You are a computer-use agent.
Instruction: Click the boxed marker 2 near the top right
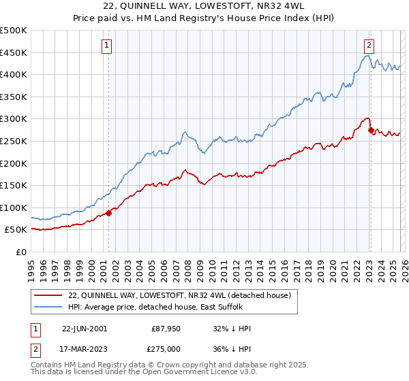point(369,46)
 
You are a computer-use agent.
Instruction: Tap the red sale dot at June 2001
point(109,213)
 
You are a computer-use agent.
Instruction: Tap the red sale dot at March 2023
point(370,130)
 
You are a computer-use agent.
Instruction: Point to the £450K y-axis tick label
point(14,52)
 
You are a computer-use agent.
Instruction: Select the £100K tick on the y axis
point(14,208)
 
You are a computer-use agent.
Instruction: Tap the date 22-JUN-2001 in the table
point(85,329)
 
